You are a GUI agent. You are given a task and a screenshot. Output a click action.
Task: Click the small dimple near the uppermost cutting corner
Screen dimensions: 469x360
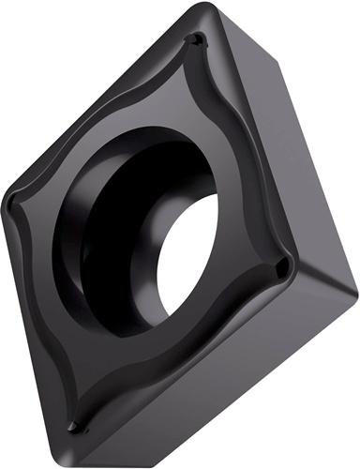(x=194, y=41)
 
